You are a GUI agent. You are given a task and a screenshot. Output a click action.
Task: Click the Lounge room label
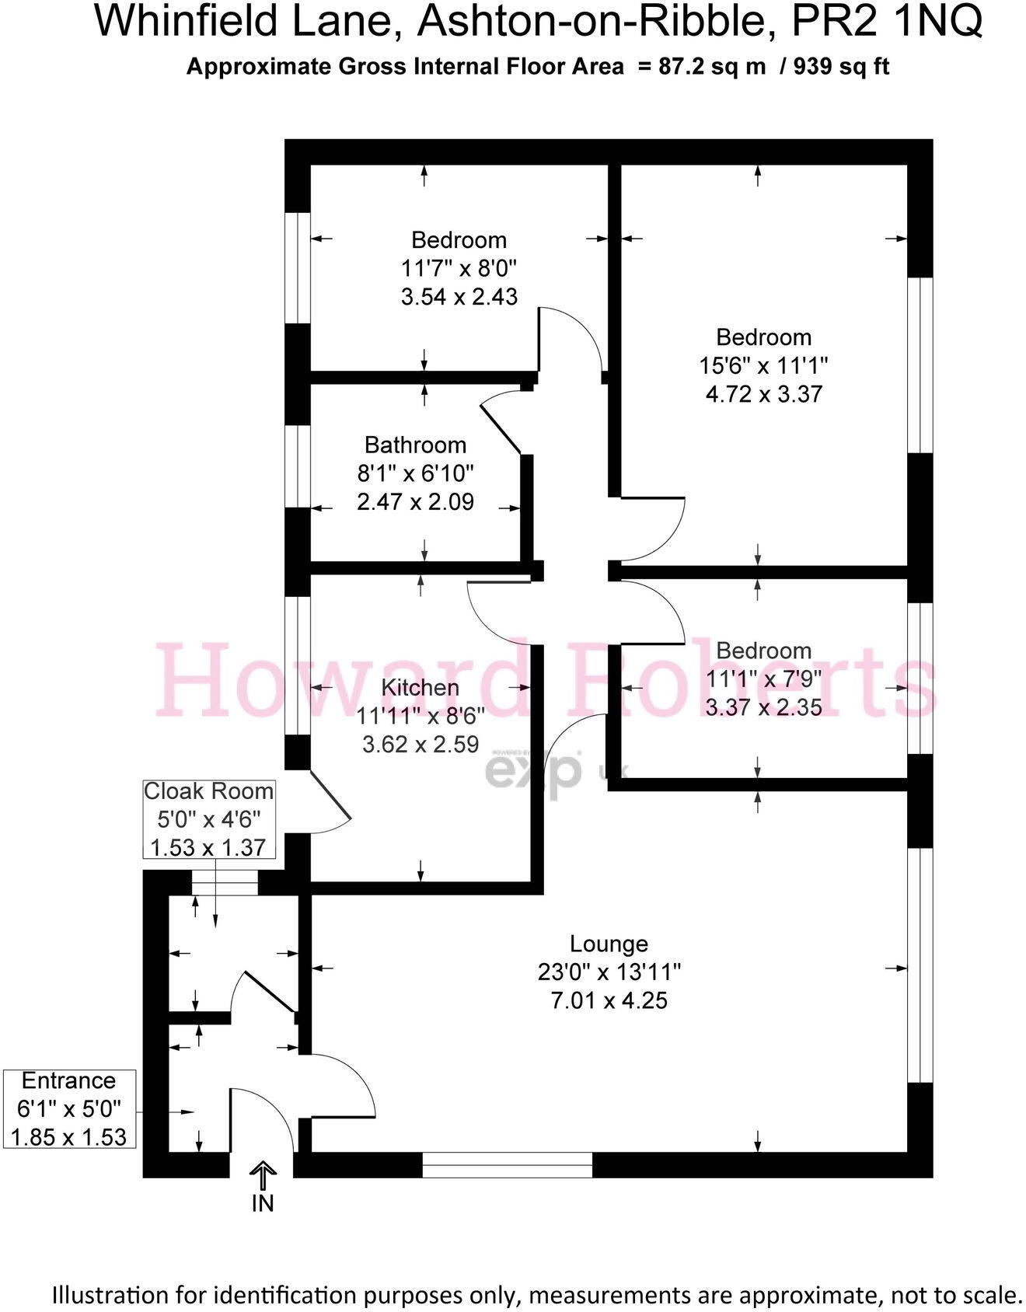click(609, 944)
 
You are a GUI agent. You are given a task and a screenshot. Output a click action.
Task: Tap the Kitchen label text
click(420, 687)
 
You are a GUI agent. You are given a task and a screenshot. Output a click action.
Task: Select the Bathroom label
click(415, 445)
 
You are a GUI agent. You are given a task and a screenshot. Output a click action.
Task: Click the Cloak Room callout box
click(209, 819)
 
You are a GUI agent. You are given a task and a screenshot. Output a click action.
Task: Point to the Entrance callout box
click(68, 1108)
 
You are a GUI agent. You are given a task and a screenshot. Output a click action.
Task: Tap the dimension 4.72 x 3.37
click(763, 393)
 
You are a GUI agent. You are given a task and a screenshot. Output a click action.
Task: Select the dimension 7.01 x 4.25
click(609, 1000)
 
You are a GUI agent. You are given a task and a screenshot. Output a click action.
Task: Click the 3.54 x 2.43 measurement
click(459, 296)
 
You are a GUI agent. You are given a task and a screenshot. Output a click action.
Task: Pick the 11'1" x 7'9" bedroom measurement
click(763, 679)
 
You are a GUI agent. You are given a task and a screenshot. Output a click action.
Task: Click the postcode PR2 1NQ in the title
click(886, 22)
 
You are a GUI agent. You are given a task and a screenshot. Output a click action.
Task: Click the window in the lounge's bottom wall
click(507, 1164)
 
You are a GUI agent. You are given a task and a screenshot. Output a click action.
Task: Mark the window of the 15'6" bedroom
click(920, 365)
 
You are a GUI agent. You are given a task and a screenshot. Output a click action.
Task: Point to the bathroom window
click(298, 466)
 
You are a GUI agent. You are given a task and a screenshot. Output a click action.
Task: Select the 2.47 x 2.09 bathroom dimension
click(415, 501)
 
